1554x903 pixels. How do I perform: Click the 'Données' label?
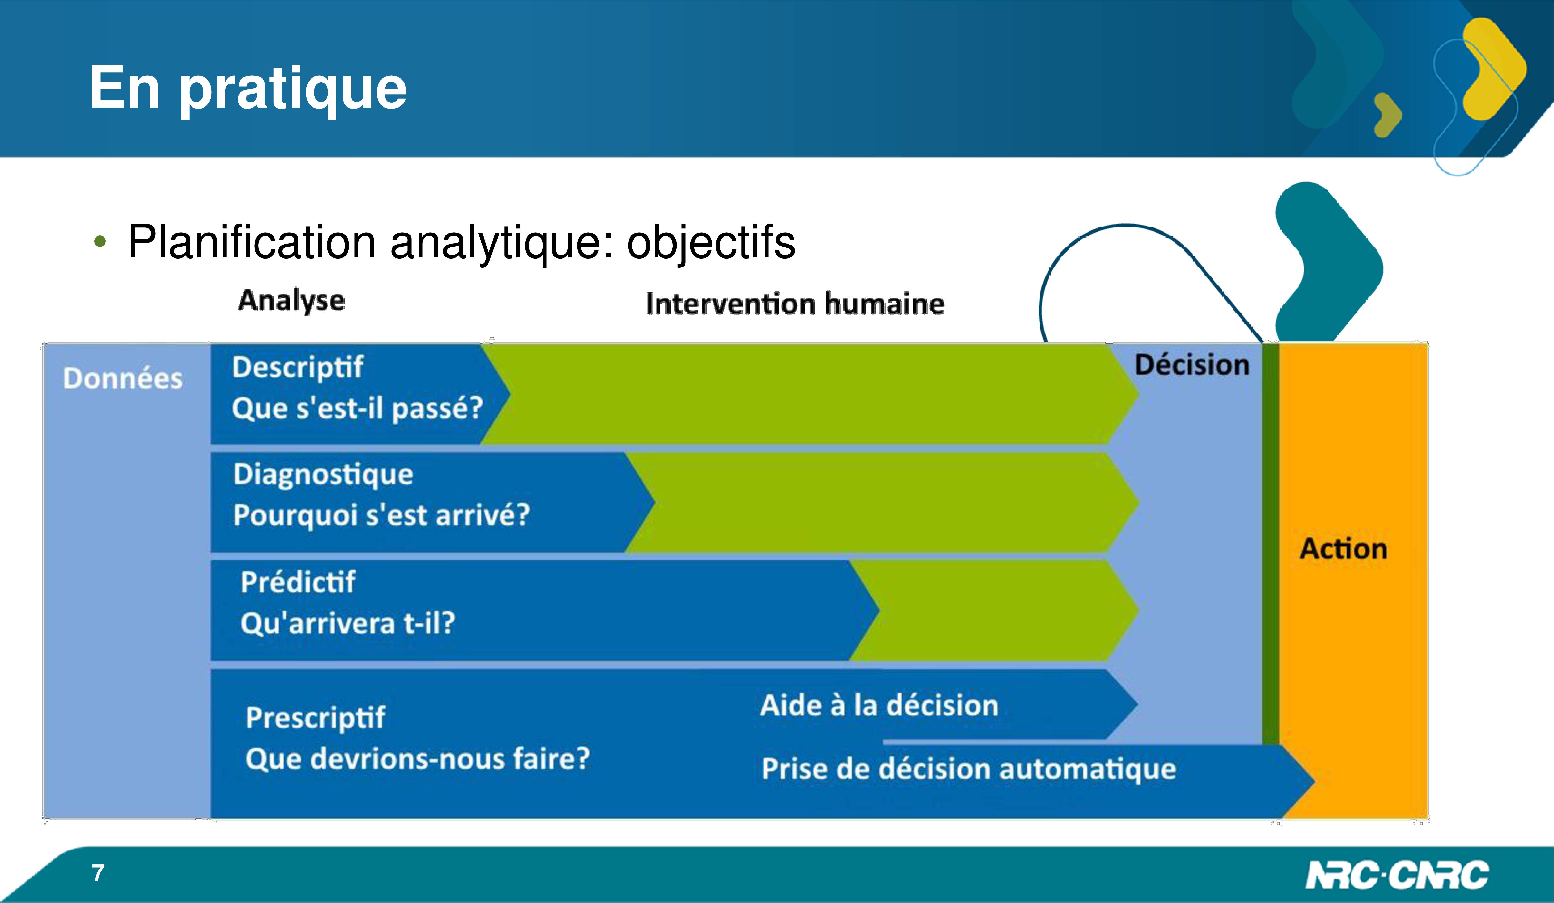[123, 378]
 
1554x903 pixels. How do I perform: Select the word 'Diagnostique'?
[323, 475]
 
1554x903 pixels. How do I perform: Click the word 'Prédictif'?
[298, 582]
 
